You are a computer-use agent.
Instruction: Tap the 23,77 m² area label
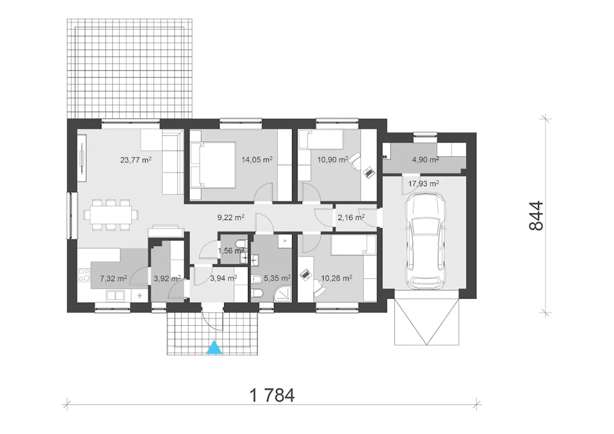[136, 160]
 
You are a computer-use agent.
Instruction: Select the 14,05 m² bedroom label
[257, 160]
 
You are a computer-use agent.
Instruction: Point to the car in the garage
[425, 241]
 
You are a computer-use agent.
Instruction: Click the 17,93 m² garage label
[424, 183]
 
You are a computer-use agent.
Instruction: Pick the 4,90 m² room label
[425, 160]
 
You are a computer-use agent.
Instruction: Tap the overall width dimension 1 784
[272, 395]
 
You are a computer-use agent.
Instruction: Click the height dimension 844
[536, 215]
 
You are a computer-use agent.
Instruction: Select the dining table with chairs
[111, 214]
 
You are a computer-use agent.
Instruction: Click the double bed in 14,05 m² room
[213, 164]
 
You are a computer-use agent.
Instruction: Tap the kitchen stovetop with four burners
[84, 275]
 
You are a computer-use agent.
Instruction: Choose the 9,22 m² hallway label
[231, 218]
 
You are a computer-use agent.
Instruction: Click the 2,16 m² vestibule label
[351, 218]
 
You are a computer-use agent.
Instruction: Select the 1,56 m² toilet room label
[231, 251]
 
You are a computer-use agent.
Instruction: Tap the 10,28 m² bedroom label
[337, 278]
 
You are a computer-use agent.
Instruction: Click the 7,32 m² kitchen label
[113, 279]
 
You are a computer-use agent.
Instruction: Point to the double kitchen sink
[115, 295]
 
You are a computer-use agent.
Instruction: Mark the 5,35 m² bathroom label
[277, 278]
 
